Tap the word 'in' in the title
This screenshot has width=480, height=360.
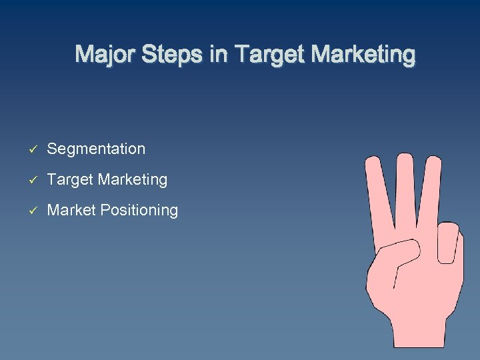(218, 54)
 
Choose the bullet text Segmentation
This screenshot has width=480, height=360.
(96, 149)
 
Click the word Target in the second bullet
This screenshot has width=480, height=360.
(70, 180)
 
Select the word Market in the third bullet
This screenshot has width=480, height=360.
(71, 211)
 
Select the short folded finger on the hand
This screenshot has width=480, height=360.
(448, 243)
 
